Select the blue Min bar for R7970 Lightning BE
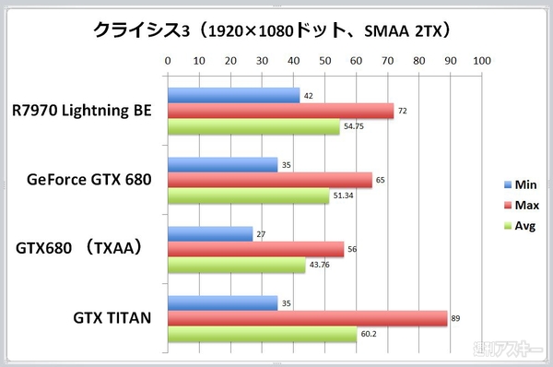(233, 95)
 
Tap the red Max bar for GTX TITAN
(307, 318)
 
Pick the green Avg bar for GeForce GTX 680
(248, 196)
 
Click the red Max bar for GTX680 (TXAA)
(255, 249)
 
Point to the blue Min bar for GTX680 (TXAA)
(209, 234)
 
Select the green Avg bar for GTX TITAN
(262, 335)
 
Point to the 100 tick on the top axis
(480, 61)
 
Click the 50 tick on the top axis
(324, 61)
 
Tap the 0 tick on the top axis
(167, 61)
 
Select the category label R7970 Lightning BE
(81, 111)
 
